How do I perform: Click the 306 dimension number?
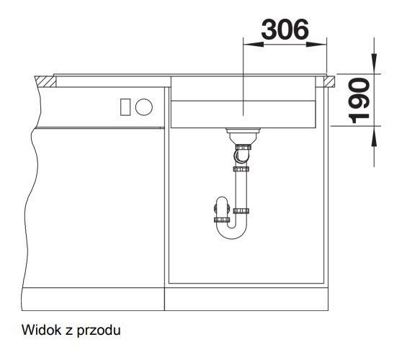(x=285, y=30)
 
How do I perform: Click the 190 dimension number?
(x=359, y=101)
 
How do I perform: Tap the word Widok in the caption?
(x=42, y=330)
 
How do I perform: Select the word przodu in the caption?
(x=99, y=330)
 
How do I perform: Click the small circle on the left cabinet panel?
(x=144, y=107)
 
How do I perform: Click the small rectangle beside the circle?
(x=125, y=107)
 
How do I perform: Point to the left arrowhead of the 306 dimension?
(x=253, y=44)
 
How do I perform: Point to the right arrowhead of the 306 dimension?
(x=316, y=44)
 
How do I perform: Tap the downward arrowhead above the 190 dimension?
(x=374, y=63)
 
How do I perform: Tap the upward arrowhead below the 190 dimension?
(x=374, y=136)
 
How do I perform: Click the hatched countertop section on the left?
(x=45, y=81)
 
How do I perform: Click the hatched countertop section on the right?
(x=329, y=81)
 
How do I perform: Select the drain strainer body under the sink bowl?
(x=243, y=136)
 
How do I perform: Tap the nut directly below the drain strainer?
(x=243, y=147)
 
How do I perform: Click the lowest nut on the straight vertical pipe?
(x=241, y=211)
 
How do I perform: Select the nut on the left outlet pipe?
(x=222, y=220)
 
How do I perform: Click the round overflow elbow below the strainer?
(x=241, y=156)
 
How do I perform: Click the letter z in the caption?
(x=69, y=331)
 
